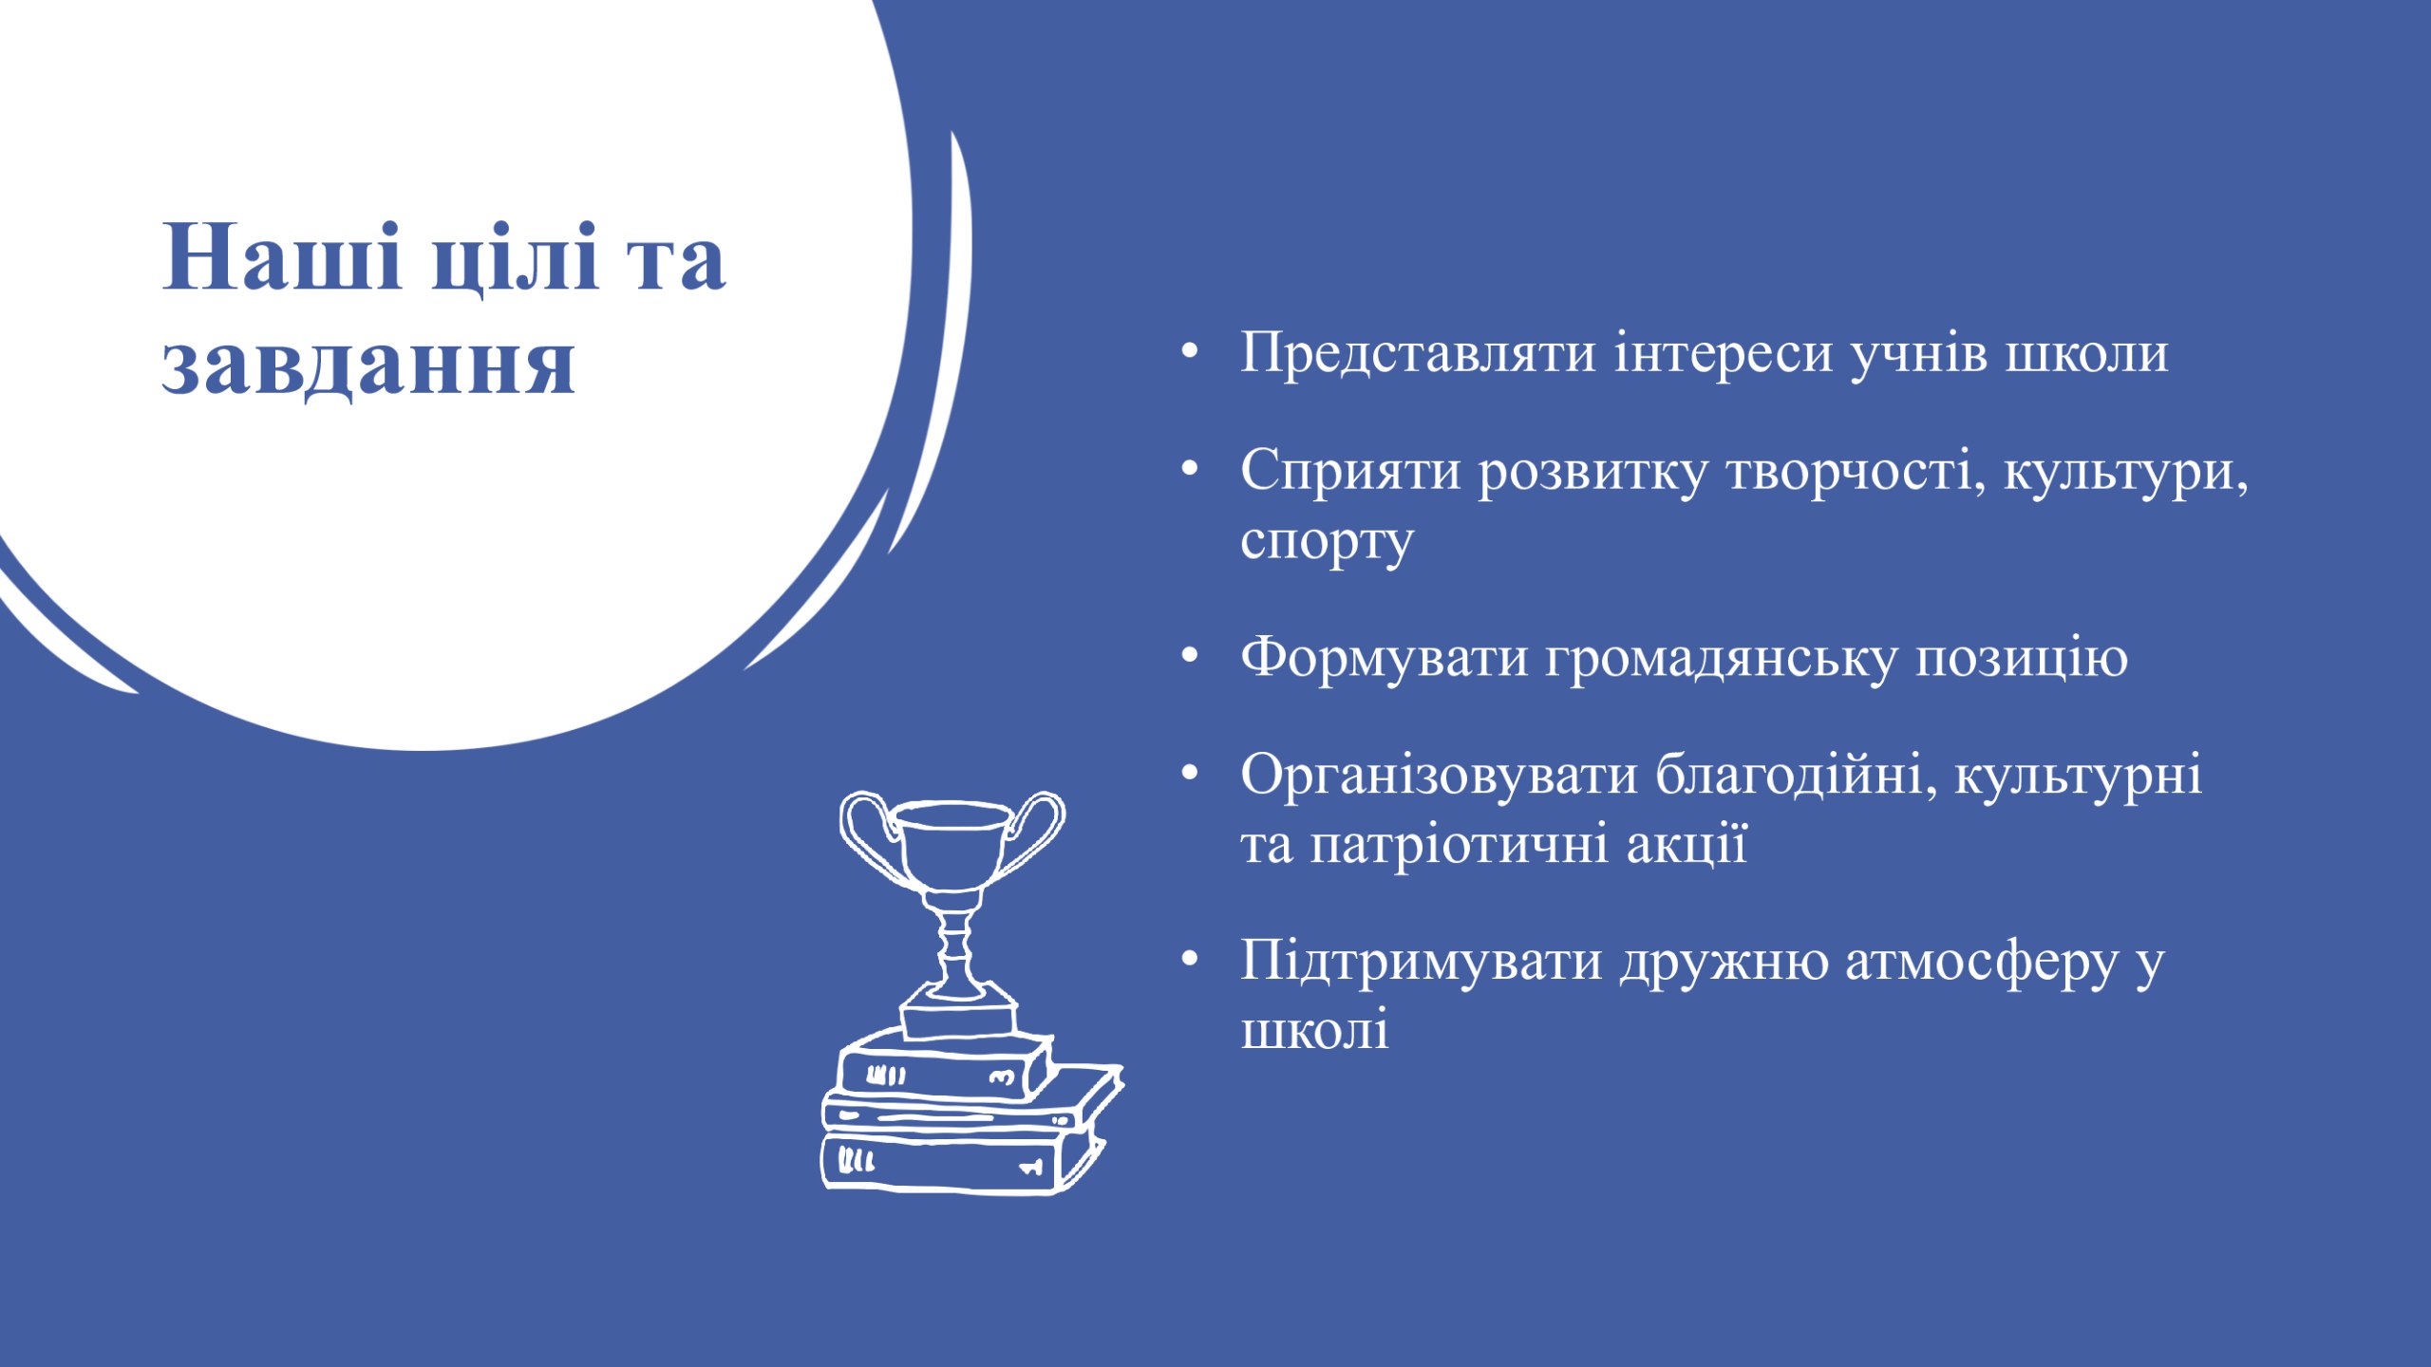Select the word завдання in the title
click(369, 365)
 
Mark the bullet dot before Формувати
click(1190, 657)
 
